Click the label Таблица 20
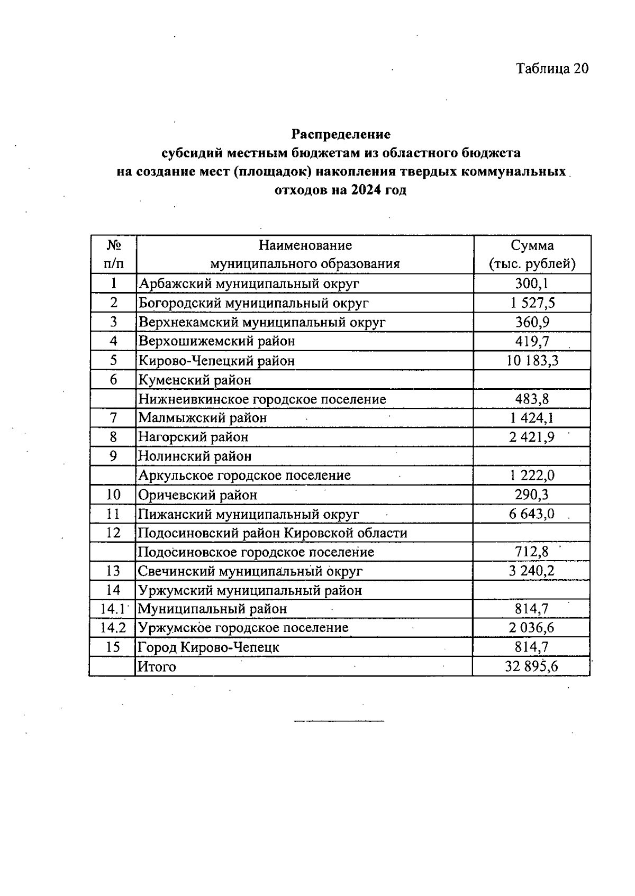[552, 69]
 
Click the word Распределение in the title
[341, 134]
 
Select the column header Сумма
[532, 245]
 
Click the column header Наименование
[305, 245]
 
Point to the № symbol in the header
[113, 245]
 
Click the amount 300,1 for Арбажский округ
[532, 284]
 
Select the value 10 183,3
[532, 361]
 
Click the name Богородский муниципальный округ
[253, 303]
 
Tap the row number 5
[113, 361]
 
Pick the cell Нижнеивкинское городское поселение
[262, 399]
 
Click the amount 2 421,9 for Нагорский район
[532, 437]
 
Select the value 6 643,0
[532, 514]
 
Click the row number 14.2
[113, 628]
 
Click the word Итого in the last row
[157, 666]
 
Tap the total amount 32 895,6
[532, 666]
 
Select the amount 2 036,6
[532, 628]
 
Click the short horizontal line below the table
[339, 721]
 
